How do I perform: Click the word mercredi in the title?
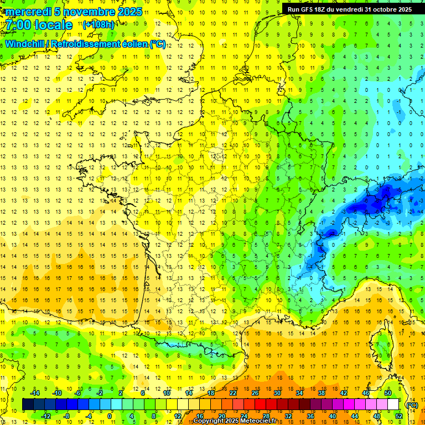[28, 12]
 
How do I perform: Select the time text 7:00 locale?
[40, 25]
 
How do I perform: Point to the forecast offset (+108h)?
[99, 25]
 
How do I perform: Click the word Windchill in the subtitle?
[28, 44]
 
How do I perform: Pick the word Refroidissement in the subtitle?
[99, 44]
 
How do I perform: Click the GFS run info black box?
[349, 9]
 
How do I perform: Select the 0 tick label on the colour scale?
[110, 416]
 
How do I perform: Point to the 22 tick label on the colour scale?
[233, 393]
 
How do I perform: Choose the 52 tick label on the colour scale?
[398, 416]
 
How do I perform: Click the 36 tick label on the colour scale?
[310, 416]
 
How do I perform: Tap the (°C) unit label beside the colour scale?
[412, 405]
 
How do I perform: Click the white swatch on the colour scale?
[393, 405]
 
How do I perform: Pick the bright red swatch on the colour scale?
[261, 405]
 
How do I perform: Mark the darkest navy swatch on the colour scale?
[28, 405]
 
